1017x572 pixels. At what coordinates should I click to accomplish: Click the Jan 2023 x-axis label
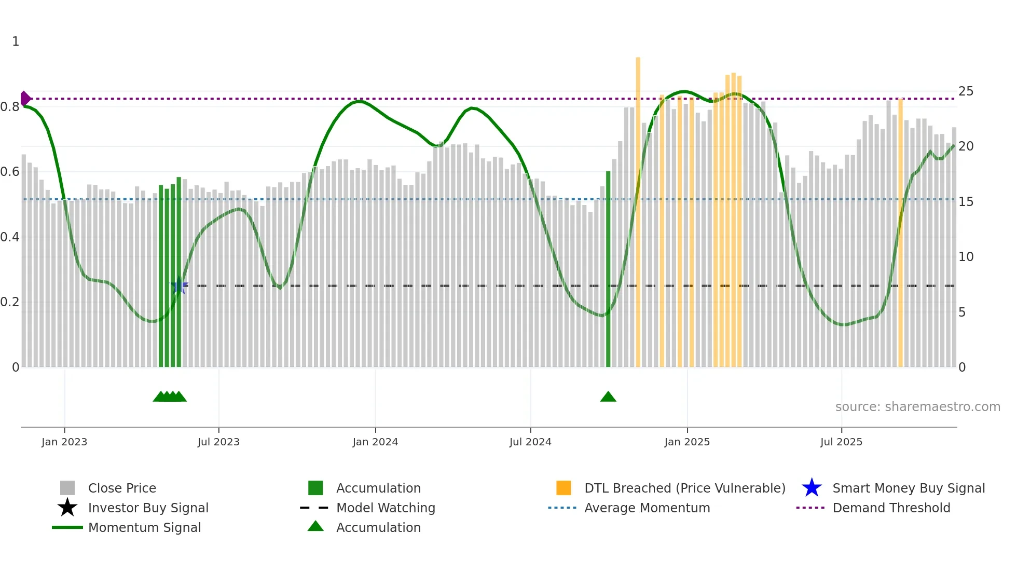coord(64,442)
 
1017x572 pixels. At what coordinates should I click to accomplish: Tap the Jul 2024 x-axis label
coord(530,442)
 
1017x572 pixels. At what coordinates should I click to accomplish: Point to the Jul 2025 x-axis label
coord(841,442)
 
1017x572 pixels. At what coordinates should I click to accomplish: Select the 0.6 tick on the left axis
coord(10,172)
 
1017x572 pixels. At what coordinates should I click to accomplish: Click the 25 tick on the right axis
coord(966,91)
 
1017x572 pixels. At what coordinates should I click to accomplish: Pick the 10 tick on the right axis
coord(966,257)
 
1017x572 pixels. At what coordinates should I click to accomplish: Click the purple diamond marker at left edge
coord(25,98)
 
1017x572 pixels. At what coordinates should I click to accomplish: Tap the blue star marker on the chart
coord(179,285)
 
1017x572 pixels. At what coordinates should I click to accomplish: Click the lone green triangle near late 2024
coord(608,397)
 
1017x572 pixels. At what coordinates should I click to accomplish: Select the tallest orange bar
coord(638,208)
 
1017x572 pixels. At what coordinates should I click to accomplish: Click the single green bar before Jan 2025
coord(608,270)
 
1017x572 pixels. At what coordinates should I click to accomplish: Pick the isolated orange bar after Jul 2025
coord(900,234)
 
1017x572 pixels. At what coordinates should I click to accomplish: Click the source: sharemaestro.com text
coord(917,407)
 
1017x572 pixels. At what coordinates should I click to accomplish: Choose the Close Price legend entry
coord(122,488)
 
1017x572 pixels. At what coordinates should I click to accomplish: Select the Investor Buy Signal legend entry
coord(148,508)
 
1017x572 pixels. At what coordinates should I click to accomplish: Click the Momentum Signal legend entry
coord(144,527)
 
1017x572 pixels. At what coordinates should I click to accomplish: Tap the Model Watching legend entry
coord(386,508)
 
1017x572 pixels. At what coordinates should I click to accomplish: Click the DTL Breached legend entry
coord(684,488)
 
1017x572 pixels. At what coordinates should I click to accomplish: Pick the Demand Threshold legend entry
coord(891,508)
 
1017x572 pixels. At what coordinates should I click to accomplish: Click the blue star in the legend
coord(812,488)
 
